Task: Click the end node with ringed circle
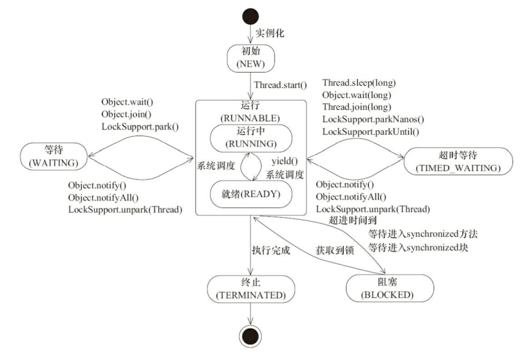(250, 337)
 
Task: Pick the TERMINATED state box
(250, 289)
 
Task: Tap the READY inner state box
(250, 194)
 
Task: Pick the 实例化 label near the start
(270, 33)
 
